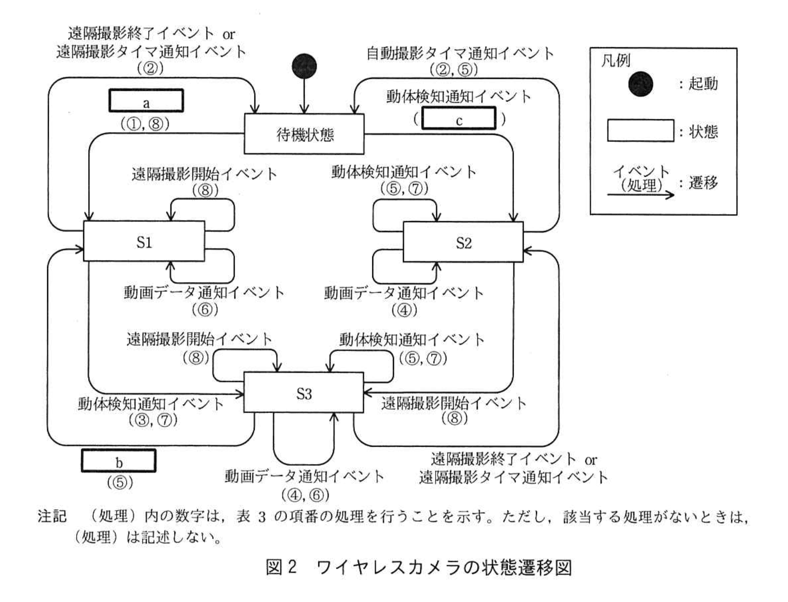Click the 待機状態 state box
[304, 134]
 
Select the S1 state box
[144, 241]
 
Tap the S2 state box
[463, 242]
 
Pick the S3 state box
[304, 393]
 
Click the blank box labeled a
[146, 101]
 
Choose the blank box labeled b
[118, 461]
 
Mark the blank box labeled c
[458, 119]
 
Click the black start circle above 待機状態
[304, 66]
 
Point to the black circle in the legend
[640, 84]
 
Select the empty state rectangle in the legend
[640, 131]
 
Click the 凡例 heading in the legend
[616, 61]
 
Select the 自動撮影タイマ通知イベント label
[460, 53]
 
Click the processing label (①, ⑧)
[145, 123]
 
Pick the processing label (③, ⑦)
[153, 420]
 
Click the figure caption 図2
[281, 567]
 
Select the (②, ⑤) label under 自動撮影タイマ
[453, 69]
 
